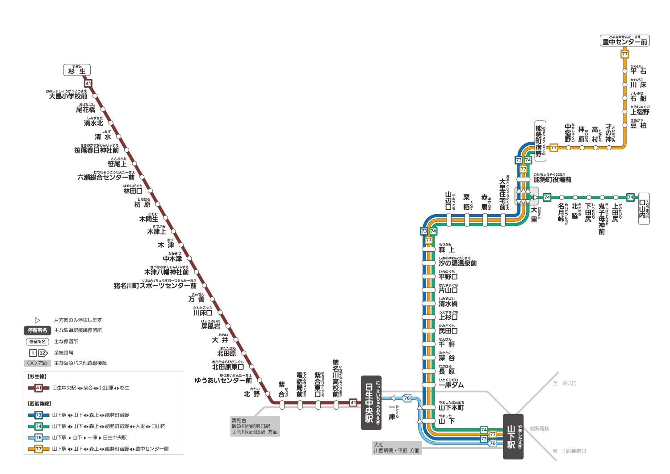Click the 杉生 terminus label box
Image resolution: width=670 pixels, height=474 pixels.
click(x=77, y=70)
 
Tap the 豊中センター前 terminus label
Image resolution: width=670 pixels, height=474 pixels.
click(x=624, y=41)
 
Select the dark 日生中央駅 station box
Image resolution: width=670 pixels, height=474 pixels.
click(x=371, y=402)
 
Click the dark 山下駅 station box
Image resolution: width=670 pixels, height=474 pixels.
click(x=513, y=436)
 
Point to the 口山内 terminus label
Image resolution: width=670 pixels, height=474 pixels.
click(x=644, y=208)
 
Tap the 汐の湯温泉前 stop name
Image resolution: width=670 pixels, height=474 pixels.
click(x=457, y=263)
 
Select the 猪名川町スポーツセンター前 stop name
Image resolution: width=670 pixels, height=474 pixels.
click(x=155, y=285)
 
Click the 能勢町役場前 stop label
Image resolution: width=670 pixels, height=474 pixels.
click(x=552, y=179)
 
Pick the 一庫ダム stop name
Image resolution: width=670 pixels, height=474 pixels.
click(x=451, y=385)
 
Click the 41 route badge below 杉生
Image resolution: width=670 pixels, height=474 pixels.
click(x=88, y=83)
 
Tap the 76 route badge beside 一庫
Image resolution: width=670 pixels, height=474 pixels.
click(x=407, y=398)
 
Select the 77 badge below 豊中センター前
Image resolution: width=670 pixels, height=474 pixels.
click(x=624, y=54)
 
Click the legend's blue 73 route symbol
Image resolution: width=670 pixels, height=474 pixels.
click(x=38, y=415)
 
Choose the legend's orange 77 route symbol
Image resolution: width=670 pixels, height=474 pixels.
click(x=38, y=449)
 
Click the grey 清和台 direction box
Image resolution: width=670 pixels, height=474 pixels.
click(x=255, y=426)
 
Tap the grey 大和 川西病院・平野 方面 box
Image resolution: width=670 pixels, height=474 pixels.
click(x=397, y=448)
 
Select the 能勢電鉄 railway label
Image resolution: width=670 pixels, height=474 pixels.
click(x=540, y=428)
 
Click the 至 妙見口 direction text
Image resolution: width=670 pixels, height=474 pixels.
click(x=565, y=383)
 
